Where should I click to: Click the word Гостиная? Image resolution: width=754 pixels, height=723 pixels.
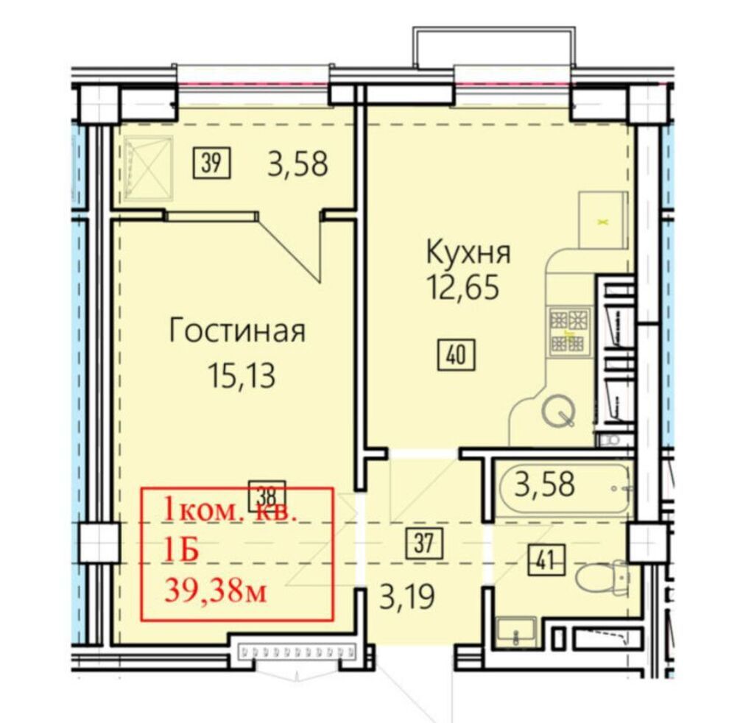click(236, 331)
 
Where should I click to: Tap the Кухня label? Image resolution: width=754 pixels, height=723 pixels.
click(468, 253)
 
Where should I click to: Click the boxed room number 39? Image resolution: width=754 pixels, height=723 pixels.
click(213, 163)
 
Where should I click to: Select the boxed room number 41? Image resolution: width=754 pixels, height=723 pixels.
click(546, 560)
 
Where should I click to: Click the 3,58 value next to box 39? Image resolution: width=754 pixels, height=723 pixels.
click(297, 164)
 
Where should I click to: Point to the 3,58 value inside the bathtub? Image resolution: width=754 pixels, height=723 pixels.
click(545, 486)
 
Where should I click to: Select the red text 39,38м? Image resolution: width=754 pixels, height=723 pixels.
click(214, 591)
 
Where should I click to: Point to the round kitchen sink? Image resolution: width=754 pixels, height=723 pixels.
click(557, 413)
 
